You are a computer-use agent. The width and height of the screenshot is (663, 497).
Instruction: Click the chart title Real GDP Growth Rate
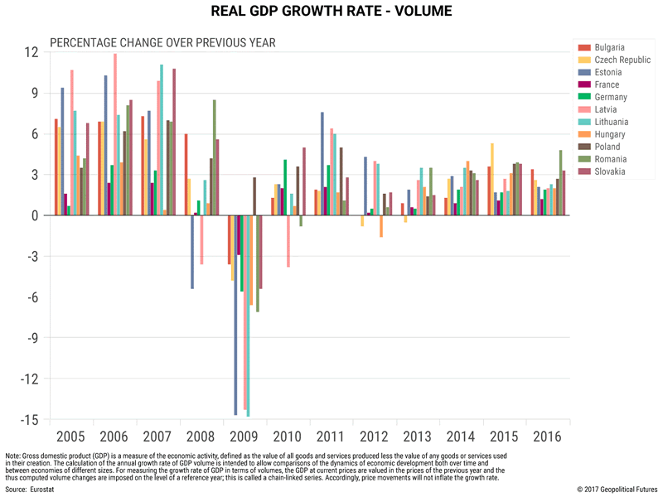click(x=331, y=12)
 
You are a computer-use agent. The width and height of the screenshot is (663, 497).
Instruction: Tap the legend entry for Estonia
click(x=607, y=72)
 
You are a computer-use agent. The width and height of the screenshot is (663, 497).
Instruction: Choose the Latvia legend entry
click(x=606, y=109)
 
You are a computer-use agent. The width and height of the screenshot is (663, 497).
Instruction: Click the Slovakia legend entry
click(x=609, y=171)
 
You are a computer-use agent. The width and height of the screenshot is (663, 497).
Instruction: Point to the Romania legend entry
click(x=610, y=159)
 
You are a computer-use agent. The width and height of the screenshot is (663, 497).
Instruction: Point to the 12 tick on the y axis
click(x=31, y=52)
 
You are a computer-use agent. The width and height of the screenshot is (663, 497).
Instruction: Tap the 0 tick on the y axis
click(x=34, y=215)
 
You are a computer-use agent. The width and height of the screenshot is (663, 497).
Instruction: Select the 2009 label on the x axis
click(x=242, y=436)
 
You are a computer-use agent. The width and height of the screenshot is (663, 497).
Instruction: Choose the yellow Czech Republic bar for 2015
click(x=493, y=179)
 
